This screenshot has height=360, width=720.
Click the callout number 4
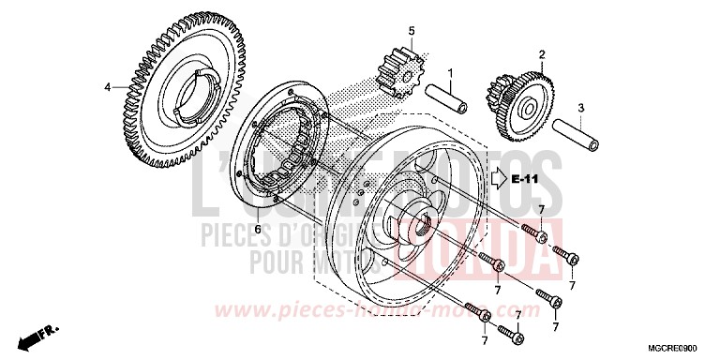pyautogui.click(x=107, y=88)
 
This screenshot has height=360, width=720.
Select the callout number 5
pyautogui.click(x=410, y=31)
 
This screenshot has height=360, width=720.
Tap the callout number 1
pyautogui.click(x=450, y=72)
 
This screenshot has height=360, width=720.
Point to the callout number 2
pyautogui.click(x=541, y=53)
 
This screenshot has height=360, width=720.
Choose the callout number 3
pyautogui.click(x=580, y=109)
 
